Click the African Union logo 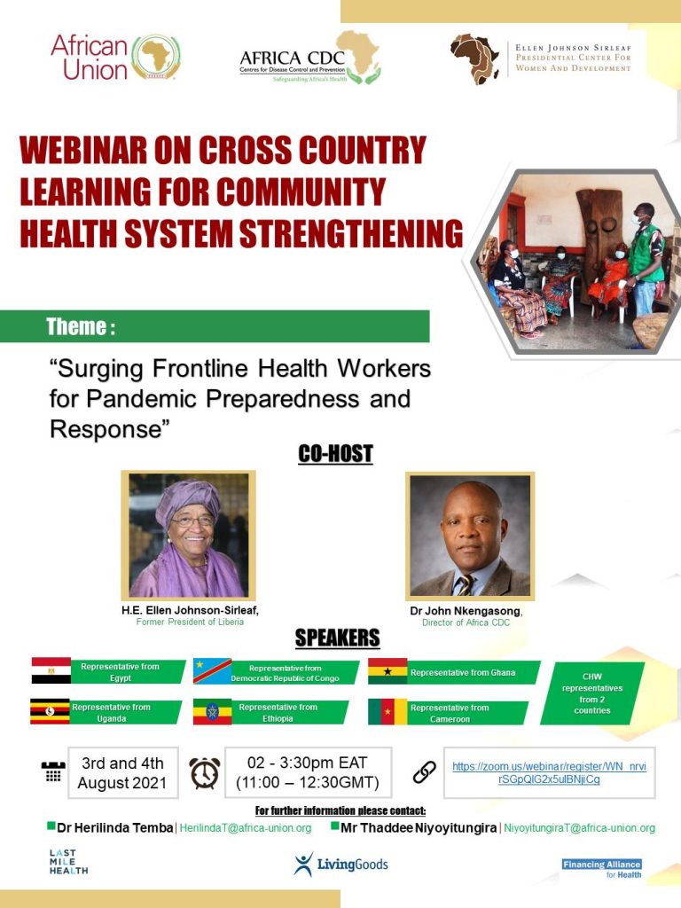coord(115,57)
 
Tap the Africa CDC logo coord(310,58)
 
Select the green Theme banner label coord(215,326)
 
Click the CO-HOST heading coord(335,453)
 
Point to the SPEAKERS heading coord(337,638)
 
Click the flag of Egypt coord(51,670)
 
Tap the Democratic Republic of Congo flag coord(212,671)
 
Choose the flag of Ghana coord(387,671)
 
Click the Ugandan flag coord(50,711)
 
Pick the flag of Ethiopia coord(212,712)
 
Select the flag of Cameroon coord(387,712)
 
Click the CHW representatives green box coord(592,693)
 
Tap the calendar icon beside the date coord(53,772)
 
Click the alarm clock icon coord(205,772)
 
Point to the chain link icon coord(425,772)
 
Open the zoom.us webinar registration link coord(549,772)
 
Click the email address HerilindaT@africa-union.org coord(246,828)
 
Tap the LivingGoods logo coord(340,864)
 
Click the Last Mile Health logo coord(68,862)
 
